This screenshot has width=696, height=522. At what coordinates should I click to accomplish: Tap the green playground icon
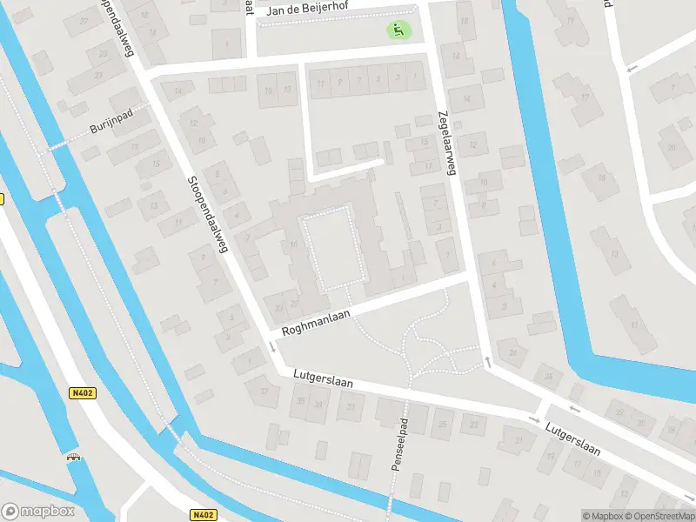click(398, 30)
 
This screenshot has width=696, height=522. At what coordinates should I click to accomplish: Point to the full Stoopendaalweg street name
click(207, 214)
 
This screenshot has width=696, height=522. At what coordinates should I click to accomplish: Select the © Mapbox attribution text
click(601, 516)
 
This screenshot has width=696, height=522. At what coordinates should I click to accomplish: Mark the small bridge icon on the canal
click(72, 456)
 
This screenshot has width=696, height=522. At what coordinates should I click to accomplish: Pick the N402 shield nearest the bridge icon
click(84, 393)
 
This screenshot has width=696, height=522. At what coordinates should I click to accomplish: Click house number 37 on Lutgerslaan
click(265, 391)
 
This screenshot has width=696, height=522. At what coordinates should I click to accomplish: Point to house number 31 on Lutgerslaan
click(351, 406)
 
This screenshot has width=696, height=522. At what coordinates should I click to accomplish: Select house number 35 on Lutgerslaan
click(301, 401)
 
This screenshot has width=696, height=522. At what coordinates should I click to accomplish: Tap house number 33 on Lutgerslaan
click(318, 405)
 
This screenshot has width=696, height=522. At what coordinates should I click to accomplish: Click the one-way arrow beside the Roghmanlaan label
click(272, 347)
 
